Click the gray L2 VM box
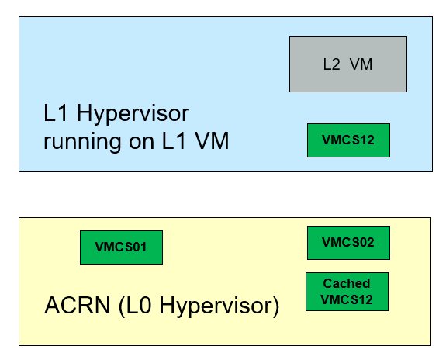click(348, 64)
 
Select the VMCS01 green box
click(122, 247)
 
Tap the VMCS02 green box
click(348, 243)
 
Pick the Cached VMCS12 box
click(347, 292)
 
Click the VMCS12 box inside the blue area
click(348, 140)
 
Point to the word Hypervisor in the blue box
click(133, 114)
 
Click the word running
click(82, 142)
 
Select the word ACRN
click(77, 305)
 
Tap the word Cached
click(347, 283)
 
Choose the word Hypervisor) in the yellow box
click(220, 306)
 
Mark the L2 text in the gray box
click(331, 64)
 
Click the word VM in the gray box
click(361, 64)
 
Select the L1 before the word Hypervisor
click(56, 112)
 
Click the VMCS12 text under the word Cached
click(347, 299)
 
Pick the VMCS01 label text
click(121, 247)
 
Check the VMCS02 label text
click(347, 243)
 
